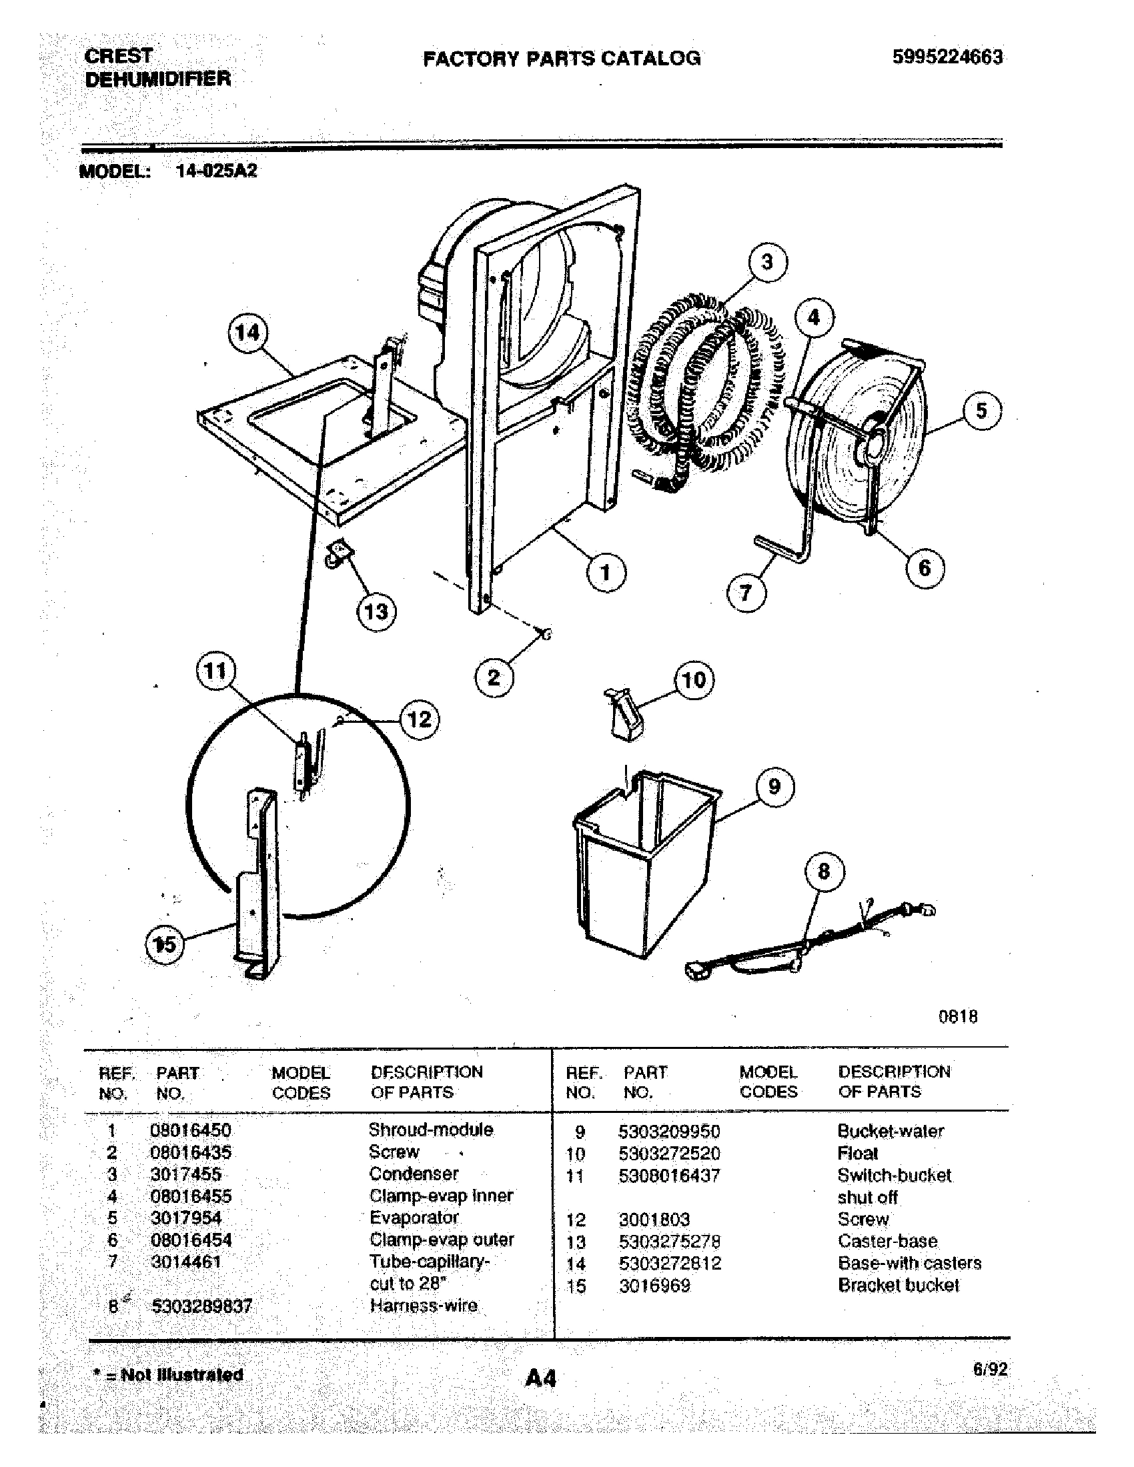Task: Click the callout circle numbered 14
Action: (x=247, y=333)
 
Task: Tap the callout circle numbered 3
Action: (x=766, y=262)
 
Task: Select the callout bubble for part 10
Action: (x=693, y=679)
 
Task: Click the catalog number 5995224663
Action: (x=947, y=57)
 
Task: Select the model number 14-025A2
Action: (x=216, y=171)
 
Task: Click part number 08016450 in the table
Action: (x=191, y=1130)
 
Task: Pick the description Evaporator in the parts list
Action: (x=414, y=1218)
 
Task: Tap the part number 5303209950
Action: (x=668, y=1131)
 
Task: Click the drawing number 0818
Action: (x=957, y=1016)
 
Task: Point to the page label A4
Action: (x=541, y=1378)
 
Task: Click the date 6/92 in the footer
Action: (x=990, y=1370)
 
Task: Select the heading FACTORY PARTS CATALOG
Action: (x=562, y=59)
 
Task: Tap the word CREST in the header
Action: (x=118, y=56)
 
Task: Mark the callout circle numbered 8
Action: (x=824, y=872)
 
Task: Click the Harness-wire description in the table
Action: (x=423, y=1305)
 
